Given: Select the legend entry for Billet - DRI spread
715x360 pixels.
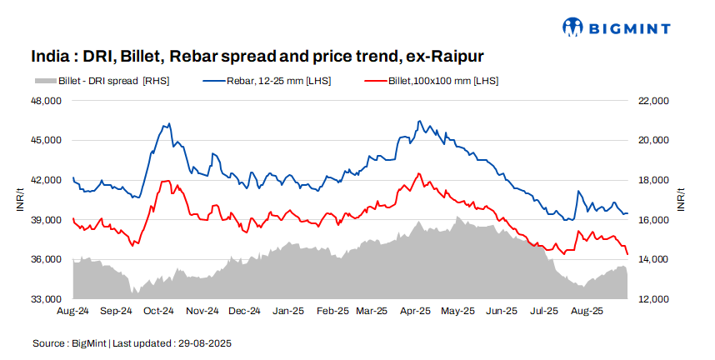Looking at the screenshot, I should (x=102, y=81).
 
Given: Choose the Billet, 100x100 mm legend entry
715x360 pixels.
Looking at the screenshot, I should (x=432, y=81).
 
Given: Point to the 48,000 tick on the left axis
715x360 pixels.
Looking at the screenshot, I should (x=47, y=101).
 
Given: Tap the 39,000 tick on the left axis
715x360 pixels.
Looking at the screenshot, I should (x=47, y=220).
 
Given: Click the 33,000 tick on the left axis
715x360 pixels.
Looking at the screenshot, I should (x=47, y=299).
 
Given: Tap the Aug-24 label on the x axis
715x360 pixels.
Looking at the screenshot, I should (x=72, y=311).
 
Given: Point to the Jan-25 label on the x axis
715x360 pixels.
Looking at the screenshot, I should (x=288, y=311).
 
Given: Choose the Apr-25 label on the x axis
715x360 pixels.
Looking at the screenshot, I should (x=414, y=311).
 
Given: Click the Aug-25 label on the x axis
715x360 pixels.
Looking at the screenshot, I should (x=587, y=311).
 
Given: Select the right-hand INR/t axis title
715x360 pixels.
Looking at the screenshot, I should (x=682, y=200).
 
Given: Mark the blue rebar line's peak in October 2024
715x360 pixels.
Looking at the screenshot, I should (x=169, y=123).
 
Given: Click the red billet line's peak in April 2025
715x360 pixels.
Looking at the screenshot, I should (x=418, y=173).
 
